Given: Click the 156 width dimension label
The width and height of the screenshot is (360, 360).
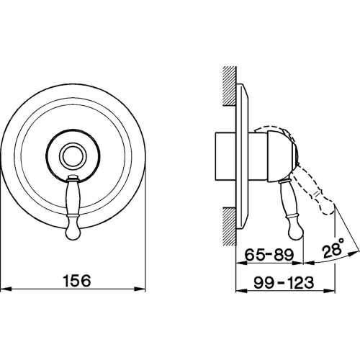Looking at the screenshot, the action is point(76,281).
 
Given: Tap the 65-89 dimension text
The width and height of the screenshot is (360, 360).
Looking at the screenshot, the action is point(269,255).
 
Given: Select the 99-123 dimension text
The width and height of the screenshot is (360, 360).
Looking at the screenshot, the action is point(284,282).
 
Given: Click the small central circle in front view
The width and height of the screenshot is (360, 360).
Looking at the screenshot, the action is point(73,156).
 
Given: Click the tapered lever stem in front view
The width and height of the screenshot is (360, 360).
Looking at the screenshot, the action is point(73,195).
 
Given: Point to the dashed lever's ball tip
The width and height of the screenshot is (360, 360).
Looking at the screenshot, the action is point(328,207).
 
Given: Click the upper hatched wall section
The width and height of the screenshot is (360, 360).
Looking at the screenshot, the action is point(230,86).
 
